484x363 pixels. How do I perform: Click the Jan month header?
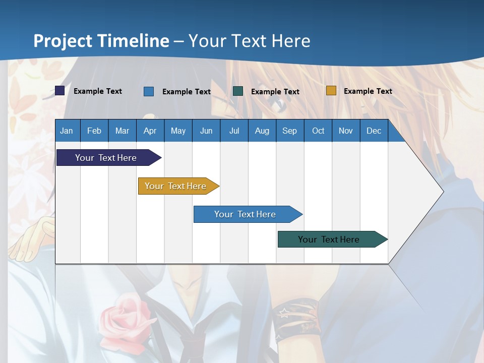click(67, 131)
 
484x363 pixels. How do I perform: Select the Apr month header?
click(150, 131)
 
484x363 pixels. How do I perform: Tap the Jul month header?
click(234, 131)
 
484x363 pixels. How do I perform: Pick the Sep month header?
click(289, 131)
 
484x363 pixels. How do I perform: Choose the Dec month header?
click(374, 131)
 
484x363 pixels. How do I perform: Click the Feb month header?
click(94, 131)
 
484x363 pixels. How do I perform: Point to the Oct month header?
click(318, 131)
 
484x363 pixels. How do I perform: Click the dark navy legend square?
click(60, 91)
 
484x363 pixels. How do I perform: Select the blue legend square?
click(149, 91)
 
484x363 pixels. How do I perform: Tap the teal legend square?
click(238, 91)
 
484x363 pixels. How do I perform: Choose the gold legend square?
click(331, 91)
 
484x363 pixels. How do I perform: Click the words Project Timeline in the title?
click(101, 41)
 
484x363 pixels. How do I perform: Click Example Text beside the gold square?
click(368, 91)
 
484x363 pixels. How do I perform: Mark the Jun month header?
click(206, 131)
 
